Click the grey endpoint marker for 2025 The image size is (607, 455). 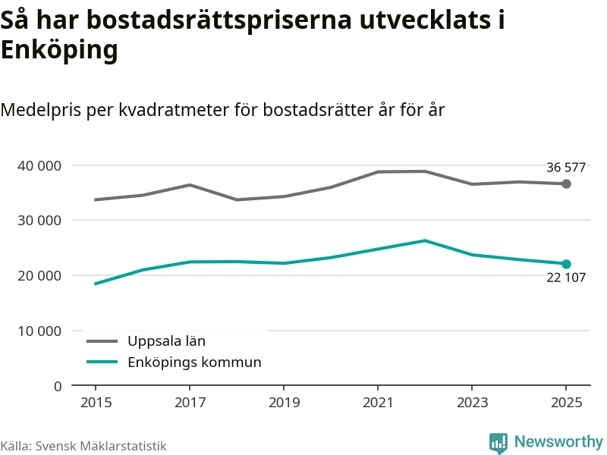[x=566, y=184]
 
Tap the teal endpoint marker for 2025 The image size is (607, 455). [x=566, y=264]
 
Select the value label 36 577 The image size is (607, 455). [x=566, y=168]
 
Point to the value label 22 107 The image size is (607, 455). [x=566, y=278]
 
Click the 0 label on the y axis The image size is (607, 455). [x=58, y=386]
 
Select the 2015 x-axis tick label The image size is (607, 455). [x=95, y=402]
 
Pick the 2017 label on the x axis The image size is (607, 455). [x=189, y=402]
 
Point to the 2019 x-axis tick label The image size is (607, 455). [x=283, y=402]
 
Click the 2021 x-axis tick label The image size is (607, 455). [x=378, y=402]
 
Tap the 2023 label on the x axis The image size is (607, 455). [x=472, y=402]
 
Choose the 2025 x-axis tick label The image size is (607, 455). [x=566, y=402]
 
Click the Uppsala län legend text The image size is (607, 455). [x=166, y=341]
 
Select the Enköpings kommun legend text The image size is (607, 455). [x=194, y=362]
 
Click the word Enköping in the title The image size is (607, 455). [x=59, y=51]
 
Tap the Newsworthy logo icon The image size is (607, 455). [x=498, y=443]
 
